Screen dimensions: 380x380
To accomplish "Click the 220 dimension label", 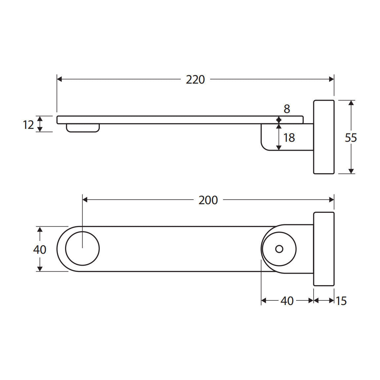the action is point(195,80).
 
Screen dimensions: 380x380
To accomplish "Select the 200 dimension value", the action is point(208,200).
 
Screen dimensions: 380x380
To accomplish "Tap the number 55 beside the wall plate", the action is point(351,138).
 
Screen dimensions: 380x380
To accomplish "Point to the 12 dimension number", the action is point(28,125).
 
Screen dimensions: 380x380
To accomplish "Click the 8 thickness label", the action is point(287,109).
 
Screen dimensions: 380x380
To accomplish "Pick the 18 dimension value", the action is point(289,138).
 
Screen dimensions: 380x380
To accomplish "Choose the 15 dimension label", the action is point(341,301).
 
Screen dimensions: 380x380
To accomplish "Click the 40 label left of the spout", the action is point(40,249).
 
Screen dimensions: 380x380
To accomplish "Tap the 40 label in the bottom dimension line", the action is point(287,301).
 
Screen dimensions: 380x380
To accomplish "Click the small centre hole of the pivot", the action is point(279,249).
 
